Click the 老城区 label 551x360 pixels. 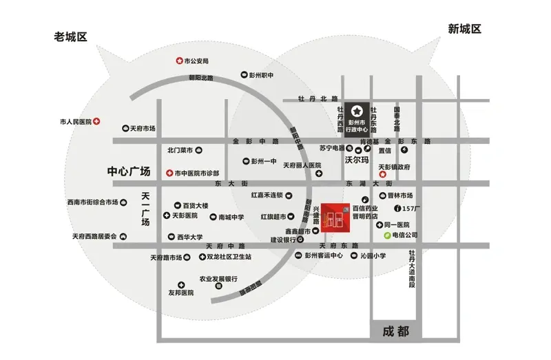point(72,37)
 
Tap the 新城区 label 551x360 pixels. point(464,28)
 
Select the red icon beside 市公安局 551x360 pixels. point(178,61)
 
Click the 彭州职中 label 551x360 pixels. point(262,75)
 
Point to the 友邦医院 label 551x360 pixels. point(180,293)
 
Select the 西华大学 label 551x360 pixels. point(189,237)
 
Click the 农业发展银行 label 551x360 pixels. point(218,279)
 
